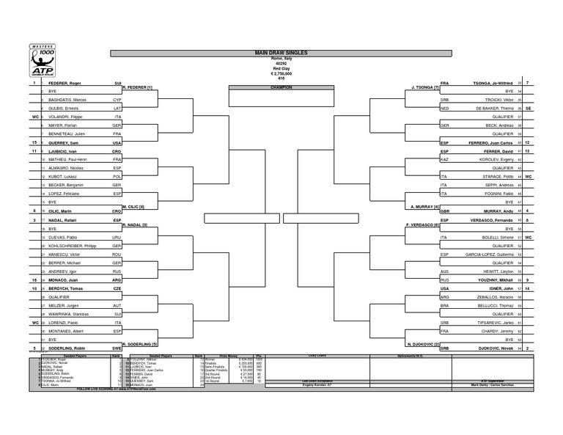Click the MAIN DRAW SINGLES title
(x=281, y=54)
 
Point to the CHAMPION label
(x=281, y=87)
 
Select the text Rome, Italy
(x=281, y=59)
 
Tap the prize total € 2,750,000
(x=281, y=73)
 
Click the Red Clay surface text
(x=281, y=67)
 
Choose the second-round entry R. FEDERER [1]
(x=137, y=88)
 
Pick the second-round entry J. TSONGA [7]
(x=425, y=88)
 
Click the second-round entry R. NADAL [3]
(x=135, y=224)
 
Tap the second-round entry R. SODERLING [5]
(x=139, y=343)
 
